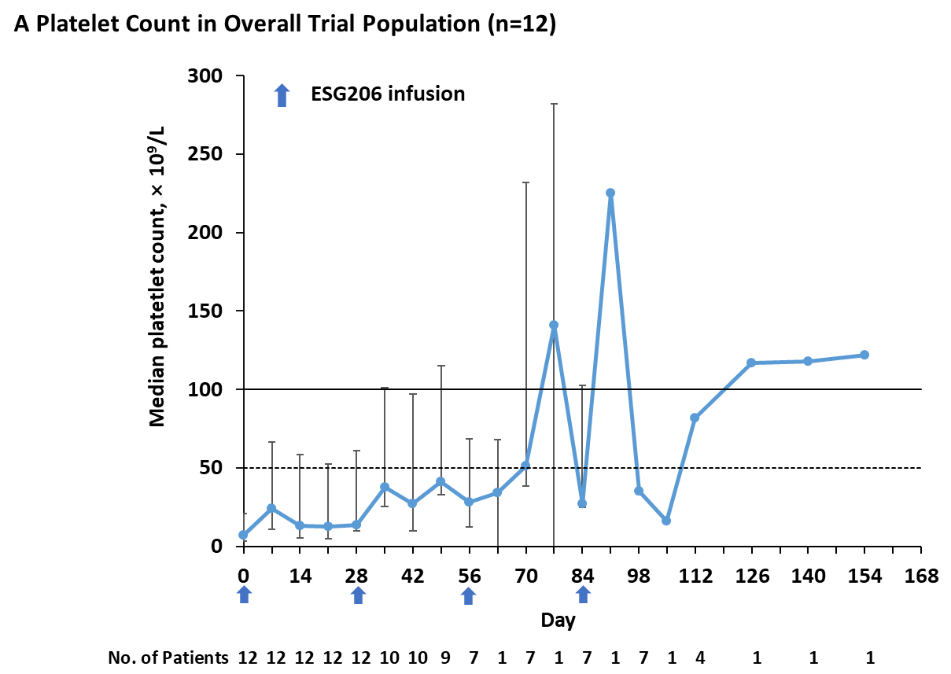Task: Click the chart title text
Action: point(286,24)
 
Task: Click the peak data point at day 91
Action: point(610,193)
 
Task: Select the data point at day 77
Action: point(554,325)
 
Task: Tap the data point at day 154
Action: point(864,355)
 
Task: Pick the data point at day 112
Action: point(695,418)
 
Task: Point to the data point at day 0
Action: point(243,535)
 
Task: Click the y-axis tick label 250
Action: point(206,154)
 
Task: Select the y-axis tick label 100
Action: point(206,389)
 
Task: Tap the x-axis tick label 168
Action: point(921,576)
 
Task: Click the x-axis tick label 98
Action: point(639,576)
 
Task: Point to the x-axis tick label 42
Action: point(413,576)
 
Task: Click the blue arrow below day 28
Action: point(357,595)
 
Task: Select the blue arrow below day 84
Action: point(583,595)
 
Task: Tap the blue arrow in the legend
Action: point(281,95)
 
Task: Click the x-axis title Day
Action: point(558,621)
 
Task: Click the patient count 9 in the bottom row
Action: point(445,657)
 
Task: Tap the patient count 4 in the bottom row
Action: point(699,657)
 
